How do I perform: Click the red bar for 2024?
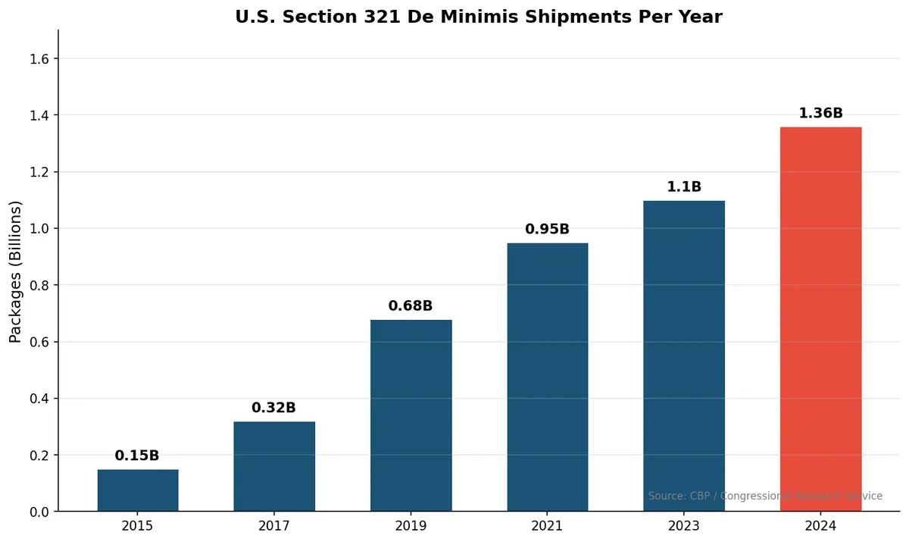click(820, 319)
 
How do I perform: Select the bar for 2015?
click(138, 490)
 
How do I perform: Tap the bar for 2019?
click(411, 415)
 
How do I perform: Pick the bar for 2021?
click(547, 377)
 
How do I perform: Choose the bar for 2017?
click(274, 466)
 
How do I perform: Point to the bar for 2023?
click(684, 356)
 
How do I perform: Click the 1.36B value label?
click(820, 114)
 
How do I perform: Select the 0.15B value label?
click(137, 456)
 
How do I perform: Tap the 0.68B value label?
click(411, 306)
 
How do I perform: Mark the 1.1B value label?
click(684, 186)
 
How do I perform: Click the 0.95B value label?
click(547, 229)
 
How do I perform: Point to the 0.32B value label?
click(273, 408)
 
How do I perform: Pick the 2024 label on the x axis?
click(820, 526)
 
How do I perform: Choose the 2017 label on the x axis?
click(274, 526)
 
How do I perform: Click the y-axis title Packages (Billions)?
click(16, 271)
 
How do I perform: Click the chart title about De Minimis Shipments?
click(479, 17)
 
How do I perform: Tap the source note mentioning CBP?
click(765, 496)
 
